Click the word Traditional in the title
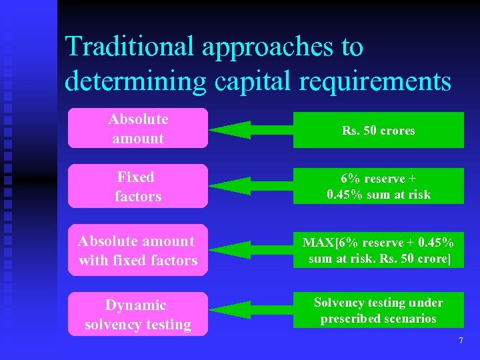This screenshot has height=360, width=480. point(127,47)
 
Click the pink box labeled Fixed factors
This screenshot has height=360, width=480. point(137,186)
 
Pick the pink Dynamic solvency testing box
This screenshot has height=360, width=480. point(137,315)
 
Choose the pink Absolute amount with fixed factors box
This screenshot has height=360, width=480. point(137,251)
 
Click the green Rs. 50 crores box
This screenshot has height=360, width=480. point(378,130)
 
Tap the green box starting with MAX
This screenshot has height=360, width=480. point(378,251)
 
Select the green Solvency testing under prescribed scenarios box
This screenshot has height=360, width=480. point(378,311)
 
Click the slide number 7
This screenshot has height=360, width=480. point(460,341)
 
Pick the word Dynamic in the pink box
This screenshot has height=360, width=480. point(136,305)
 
